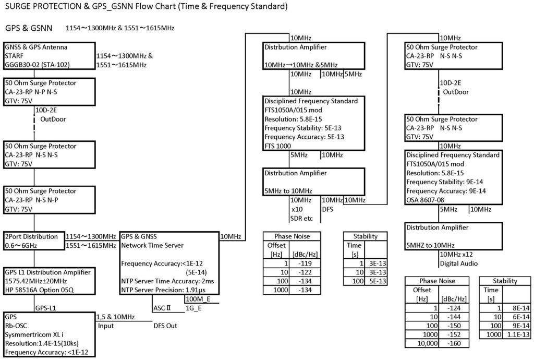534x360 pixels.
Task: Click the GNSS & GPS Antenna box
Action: (49, 56)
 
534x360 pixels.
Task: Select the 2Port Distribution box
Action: (34, 241)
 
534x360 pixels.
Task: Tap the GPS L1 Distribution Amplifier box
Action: (49, 281)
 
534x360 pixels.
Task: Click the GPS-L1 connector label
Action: (46, 308)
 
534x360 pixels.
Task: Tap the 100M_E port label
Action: (197, 299)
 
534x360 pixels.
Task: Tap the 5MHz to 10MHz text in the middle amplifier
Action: (288, 190)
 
